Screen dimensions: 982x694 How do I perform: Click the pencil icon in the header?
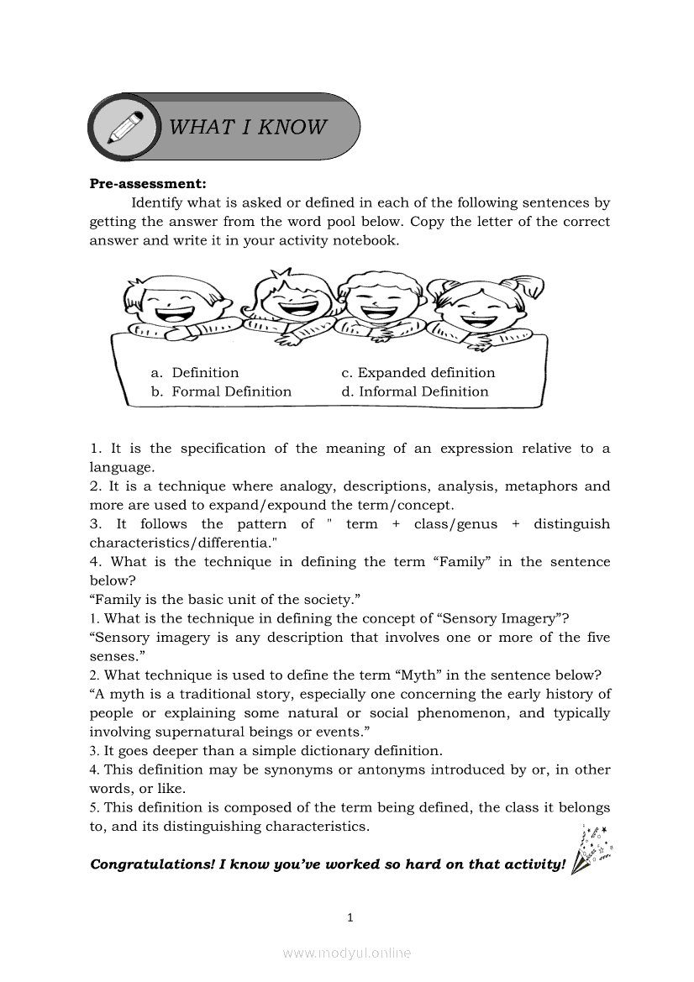[124, 128]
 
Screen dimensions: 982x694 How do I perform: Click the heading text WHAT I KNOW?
[248, 127]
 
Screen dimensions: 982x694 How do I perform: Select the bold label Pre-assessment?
[148, 184]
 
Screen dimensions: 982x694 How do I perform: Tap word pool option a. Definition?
[195, 373]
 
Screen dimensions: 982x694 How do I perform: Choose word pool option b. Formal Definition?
[221, 391]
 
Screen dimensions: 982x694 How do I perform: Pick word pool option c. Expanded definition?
[418, 373]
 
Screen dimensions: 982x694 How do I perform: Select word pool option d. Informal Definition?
[414, 391]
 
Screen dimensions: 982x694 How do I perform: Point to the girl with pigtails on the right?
[475, 307]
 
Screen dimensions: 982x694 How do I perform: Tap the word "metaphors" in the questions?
[538, 486]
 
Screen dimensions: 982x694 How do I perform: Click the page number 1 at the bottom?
[349, 918]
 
